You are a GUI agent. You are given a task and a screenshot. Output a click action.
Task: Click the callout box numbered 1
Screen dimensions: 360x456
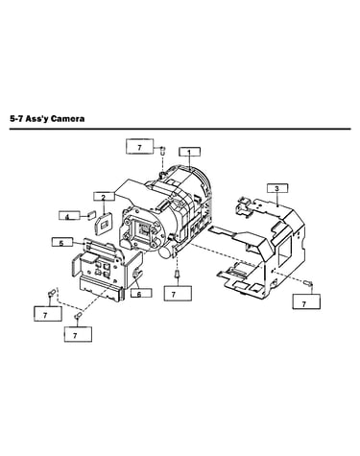[189, 152]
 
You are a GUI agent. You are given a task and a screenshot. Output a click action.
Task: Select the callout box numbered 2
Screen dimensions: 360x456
[104, 197]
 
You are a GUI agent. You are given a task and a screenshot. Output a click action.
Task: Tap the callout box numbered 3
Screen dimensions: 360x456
[277, 188]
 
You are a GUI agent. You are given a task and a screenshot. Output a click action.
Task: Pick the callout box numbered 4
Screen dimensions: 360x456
[69, 215]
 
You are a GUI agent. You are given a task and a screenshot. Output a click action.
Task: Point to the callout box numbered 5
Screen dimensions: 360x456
[62, 242]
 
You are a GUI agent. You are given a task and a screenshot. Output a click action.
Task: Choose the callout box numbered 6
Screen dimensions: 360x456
[141, 293]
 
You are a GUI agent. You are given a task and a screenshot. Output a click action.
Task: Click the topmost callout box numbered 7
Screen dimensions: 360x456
[140, 147]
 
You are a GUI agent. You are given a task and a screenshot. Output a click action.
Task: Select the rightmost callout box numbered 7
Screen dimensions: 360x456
[306, 301]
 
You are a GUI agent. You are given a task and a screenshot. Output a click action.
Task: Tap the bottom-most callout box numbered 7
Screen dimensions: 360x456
[78, 334]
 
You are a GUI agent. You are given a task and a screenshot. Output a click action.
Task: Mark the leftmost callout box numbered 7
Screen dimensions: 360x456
[48, 314]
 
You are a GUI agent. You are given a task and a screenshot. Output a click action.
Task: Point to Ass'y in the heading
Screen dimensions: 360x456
[36, 119]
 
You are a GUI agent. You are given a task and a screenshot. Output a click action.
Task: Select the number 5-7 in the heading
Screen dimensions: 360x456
[16, 119]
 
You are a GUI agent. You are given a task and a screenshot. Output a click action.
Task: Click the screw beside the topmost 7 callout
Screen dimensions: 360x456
[162, 150]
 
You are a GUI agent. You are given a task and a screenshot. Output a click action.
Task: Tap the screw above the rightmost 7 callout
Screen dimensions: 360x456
[308, 283]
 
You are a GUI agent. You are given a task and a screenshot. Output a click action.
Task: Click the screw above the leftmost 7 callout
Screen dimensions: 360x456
[51, 293]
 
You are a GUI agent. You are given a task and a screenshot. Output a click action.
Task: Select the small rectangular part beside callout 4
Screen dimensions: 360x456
[92, 214]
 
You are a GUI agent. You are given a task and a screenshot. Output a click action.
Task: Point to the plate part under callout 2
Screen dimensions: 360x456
[103, 225]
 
